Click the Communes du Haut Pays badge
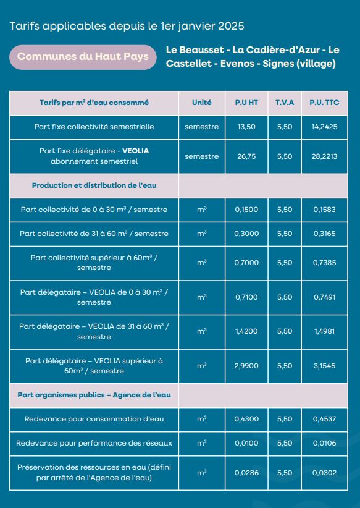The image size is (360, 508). [x=83, y=57]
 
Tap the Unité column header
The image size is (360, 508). [x=202, y=103]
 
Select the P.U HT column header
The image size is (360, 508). [x=246, y=103]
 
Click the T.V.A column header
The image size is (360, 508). [x=285, y=103]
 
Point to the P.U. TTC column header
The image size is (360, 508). [x=325, y=103]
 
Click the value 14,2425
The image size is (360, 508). [x=325, y=127]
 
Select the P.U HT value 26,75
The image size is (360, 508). [x=246, y=156]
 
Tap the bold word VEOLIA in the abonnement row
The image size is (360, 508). [x=135, y=151]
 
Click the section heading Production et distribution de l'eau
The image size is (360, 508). [x=94, y=185]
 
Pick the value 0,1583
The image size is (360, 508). [x=325, y=210]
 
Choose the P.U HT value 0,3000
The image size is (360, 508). [x=246, y=234]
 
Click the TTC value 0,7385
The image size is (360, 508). [x=325, y=263]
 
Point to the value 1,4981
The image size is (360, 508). [x=325, y=331]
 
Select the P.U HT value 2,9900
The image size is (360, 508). [x=246, y=366]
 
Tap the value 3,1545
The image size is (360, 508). [x=325, y=366]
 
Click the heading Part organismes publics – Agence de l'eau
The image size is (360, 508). [x=94, y=396]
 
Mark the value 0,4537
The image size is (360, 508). [x=325, y=419]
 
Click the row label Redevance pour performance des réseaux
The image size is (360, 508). [x=94, y=443]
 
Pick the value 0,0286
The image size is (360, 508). [x=246, y=473]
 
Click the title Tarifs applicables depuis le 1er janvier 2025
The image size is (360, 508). [x=127, y=26]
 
